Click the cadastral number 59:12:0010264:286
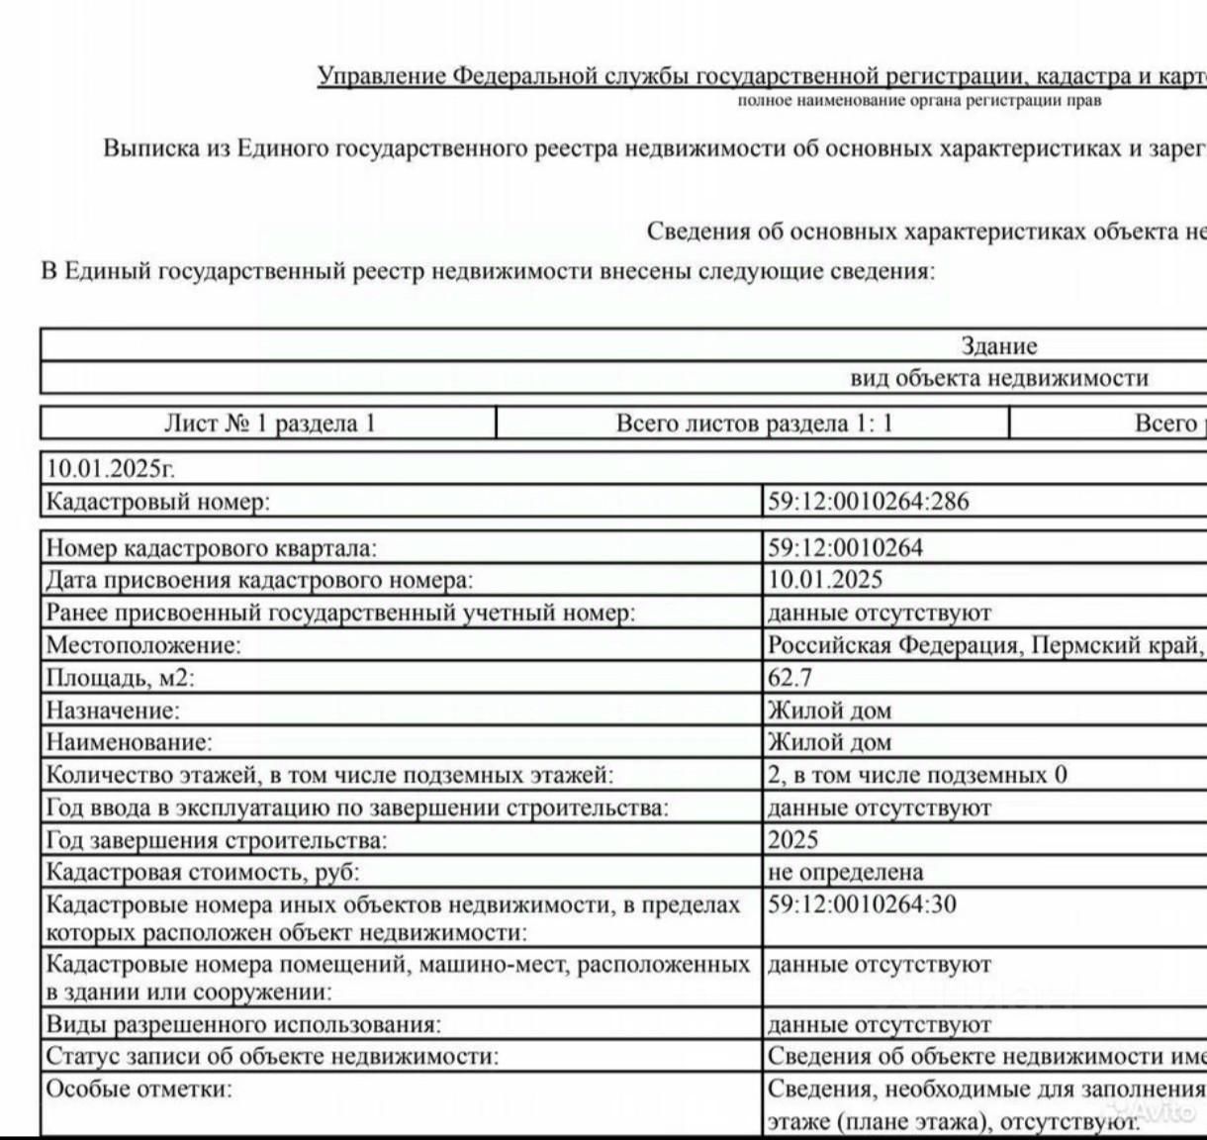coord(869,502)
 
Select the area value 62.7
coord(789,678)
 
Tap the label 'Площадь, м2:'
coord(121,678)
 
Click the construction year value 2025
coord(793,840)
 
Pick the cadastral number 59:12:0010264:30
coord(862,903)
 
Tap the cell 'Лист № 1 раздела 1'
coord(269,424)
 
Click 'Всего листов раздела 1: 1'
coord(754,424)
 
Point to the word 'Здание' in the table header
coord(999,346)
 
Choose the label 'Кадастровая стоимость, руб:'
coord(203,872)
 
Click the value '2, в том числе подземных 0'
coord(917,775)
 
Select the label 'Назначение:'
coord(114,711)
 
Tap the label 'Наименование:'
coord(130,742)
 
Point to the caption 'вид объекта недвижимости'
coord(999,378)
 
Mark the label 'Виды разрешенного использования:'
coord(243,1025)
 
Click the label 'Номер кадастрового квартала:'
coord(212,547)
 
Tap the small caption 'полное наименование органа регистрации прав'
coord(919,100)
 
